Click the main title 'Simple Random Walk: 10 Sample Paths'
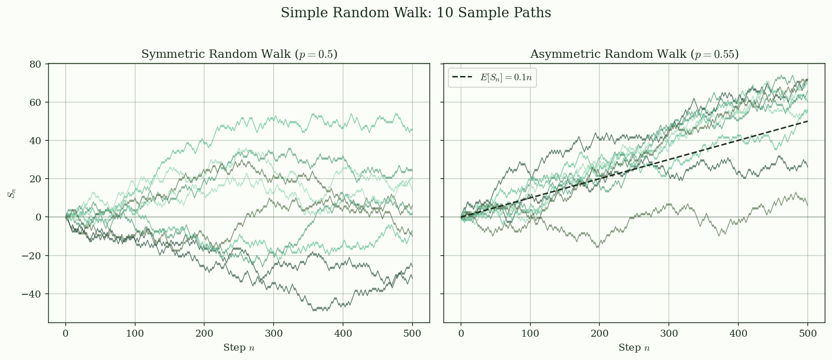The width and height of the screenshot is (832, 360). [416, 13]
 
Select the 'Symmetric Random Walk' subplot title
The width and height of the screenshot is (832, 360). [239, 55]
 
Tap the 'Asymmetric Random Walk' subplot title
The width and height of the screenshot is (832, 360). [634, 55]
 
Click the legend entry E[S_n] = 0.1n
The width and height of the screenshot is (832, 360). [506, 78]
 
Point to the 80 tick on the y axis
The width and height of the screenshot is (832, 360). [35, 64]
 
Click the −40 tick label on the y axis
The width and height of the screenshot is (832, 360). [32, 294]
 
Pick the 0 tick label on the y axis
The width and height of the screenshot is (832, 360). [39, 217]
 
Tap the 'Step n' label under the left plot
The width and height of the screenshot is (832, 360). [239, 348]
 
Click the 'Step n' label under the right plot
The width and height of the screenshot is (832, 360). [634, 348]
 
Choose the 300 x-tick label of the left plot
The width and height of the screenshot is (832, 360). [274, 334]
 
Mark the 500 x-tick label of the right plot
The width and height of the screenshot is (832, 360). [808, 334]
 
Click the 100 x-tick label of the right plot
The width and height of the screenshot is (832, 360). [530, 334]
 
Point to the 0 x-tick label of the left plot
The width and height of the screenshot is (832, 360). [66, 334]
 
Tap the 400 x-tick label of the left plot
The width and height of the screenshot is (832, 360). [343, 334]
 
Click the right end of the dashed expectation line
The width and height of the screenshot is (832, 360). [807, 121]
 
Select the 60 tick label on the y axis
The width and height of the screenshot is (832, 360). [35, 103]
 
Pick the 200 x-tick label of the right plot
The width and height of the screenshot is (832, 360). [599, 334]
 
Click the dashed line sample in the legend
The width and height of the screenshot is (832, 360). [464, 78]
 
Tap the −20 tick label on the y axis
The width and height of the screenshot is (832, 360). [32, 256]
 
